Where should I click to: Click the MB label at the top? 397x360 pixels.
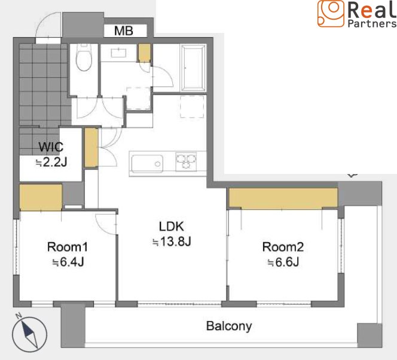[x=124, y=31]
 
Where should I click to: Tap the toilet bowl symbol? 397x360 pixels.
[x=84, y=57]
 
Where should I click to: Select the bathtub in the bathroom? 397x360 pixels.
[x=193, y=68]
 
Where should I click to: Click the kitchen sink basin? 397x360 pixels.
[x=147, y=163]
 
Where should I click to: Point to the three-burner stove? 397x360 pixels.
[x=186, y=161]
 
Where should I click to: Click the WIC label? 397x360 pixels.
[x=51, y=147]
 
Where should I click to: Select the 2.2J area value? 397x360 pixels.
[x=51, y=162]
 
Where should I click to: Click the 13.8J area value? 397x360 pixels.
[x=172, y=242]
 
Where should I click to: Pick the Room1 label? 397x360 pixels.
[x=68, y=247]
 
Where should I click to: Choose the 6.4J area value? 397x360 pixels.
[x=68, y=262]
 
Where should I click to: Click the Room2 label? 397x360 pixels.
[x=283, y=247]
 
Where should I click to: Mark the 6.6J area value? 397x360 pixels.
[x=283, y=262]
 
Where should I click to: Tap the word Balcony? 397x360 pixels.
[x=229, y=326]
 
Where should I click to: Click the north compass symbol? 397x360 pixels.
[x=30, y=334]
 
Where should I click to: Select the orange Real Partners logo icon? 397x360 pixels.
[x=331, y=13]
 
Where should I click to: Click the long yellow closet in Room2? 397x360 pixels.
[x=283, y=198]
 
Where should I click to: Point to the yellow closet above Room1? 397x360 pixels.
[x=41, y=197]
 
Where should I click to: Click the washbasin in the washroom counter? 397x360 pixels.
[x=118, y=53]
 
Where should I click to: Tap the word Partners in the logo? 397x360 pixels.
[x=372, y=23]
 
